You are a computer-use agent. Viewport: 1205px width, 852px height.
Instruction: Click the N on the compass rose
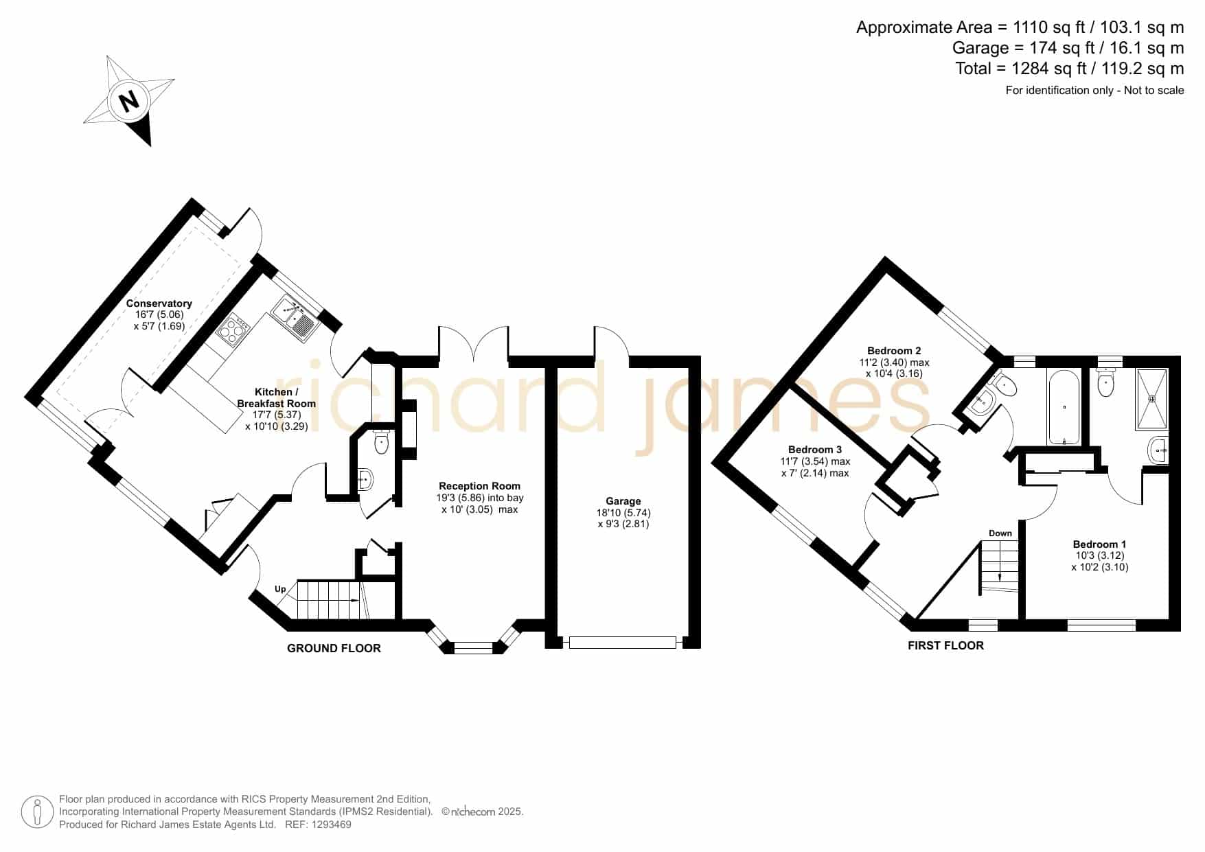pyautogui.click(x=129, y=101)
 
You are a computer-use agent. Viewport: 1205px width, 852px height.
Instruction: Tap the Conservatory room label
pyautogui.click(x=159, y=303)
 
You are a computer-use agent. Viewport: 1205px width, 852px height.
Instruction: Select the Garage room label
pyautogui.click(x=623, y=501)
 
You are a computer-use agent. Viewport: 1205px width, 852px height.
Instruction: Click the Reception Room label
pyautogui.click(x=479, y=486)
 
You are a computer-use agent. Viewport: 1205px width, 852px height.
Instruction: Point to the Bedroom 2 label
pyautogui.click(x=894, y=351)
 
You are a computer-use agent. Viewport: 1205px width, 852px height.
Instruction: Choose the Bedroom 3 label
pyautogui.click(x=815, y=450)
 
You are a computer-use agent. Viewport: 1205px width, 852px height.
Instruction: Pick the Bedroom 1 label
pyautogui.click(x=1100, y=544)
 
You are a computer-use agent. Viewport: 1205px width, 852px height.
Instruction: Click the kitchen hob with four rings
pyautogui.click(x=232, y=328)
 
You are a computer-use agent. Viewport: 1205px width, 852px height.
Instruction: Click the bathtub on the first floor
pyautogui.click(x=1064, y=407)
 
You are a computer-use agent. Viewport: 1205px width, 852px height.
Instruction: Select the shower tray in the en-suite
pyautogui.click(x=1152, y=398)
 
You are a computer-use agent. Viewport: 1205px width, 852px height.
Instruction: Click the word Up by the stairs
pyautogui.click(x=280, y=589)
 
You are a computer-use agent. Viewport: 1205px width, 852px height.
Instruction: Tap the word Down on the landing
pyautogui.click(x=1000, y=533)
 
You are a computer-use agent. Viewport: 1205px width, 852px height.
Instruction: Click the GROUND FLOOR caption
pyautogui.click(x=334, y=648)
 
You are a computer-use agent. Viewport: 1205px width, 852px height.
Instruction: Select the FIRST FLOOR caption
pyautogui.click(x=945, y=645)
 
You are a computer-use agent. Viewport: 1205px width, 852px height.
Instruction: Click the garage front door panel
pyautogui.click(x=623, y=643)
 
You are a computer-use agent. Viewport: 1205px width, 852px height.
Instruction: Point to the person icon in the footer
pyautogui.click(x=37, y=812)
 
